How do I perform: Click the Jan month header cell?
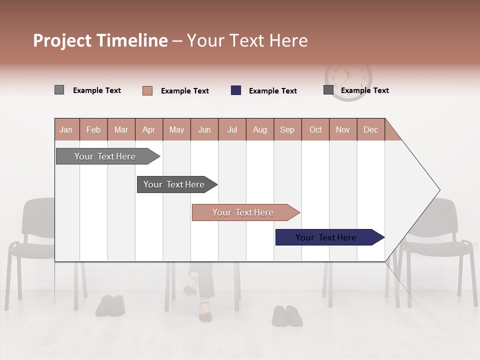point(66,129)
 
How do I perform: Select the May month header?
point(176,129)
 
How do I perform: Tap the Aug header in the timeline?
point(259,129)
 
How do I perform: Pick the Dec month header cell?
point(370,129)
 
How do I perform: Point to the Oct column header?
point(315,129)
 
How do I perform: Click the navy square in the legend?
point(236,90)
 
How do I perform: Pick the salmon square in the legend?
point(147,90)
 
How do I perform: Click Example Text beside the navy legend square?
point(272,91)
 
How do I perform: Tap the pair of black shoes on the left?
point(110,305)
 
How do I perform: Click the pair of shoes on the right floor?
point(287,315)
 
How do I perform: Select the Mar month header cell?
point(121,129)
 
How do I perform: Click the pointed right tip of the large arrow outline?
point(438,190)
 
